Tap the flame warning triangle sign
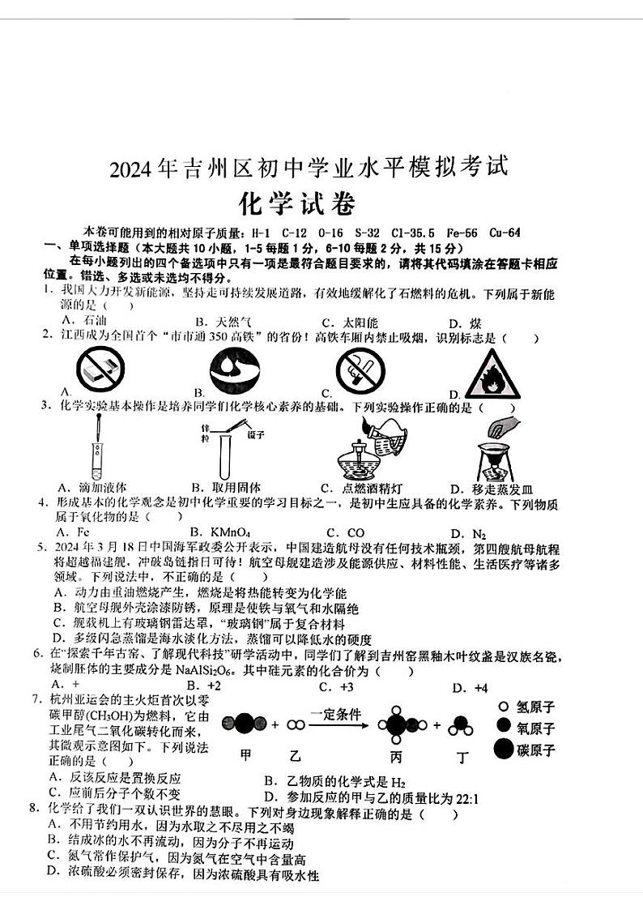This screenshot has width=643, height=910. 492,374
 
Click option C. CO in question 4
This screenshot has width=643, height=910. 343,532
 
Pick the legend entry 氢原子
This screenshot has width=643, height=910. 535,707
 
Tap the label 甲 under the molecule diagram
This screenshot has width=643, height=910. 246,756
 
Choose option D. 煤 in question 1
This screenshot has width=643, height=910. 462,323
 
